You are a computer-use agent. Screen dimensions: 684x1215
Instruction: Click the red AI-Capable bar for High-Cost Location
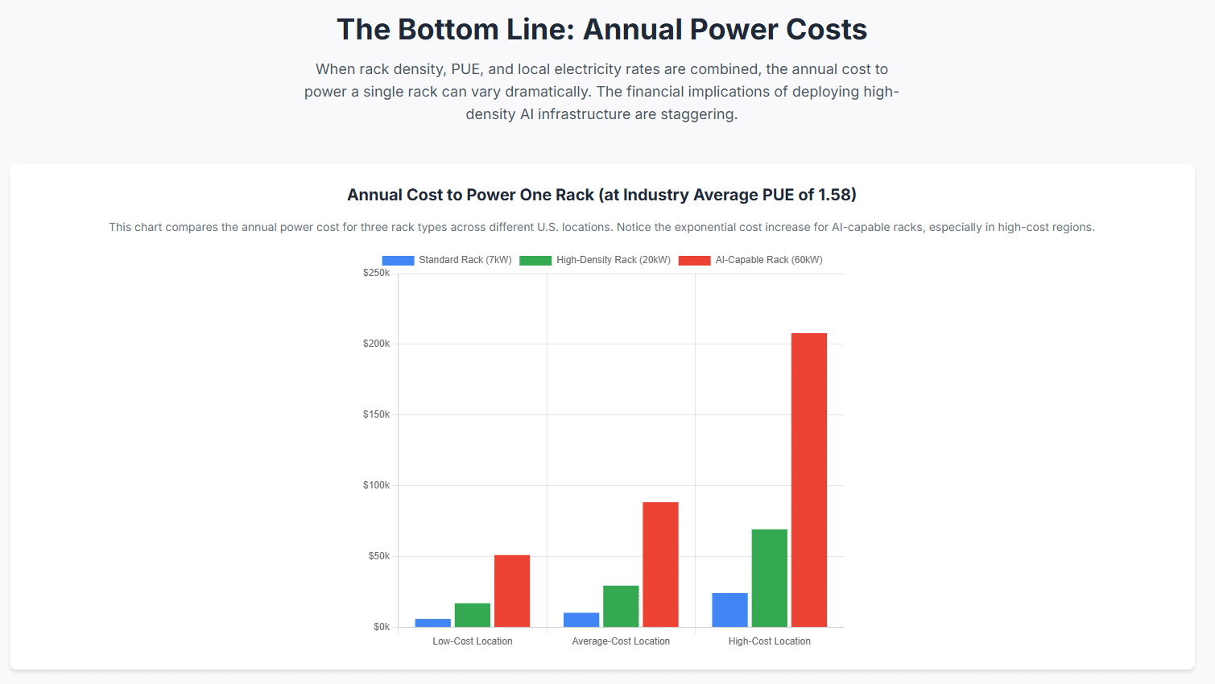pos(808,480)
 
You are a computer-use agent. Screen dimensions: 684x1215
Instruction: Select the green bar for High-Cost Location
pos(769,578)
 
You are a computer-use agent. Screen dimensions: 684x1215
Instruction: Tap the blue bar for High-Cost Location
pos(729,610)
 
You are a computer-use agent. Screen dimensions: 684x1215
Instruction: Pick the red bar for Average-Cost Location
pos(660,564)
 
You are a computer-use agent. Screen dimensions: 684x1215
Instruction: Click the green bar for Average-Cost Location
pos(621,606)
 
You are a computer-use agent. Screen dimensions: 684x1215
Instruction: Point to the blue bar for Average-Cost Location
pos(581,620)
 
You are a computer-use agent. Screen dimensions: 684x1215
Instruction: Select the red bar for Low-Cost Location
pos(512,591)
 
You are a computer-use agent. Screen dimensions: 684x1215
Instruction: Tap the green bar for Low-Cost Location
pos(473,615)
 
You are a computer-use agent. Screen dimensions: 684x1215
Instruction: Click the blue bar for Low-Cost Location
pos(433,623)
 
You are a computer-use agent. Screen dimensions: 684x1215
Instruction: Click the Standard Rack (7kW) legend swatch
pos(398,260)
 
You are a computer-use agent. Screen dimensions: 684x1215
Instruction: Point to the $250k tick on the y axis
pos(376,273)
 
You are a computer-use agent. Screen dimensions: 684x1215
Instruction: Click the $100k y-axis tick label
pos(376,485)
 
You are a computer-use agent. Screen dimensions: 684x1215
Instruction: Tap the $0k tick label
pos(381,627)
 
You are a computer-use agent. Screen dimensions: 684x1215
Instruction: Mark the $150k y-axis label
pos(376,414)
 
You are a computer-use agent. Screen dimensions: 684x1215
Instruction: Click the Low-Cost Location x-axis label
pos(473,641)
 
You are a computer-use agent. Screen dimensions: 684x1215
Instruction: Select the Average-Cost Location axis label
pos(621,641)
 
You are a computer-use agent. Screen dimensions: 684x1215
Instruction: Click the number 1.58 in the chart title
pos(834,195)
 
